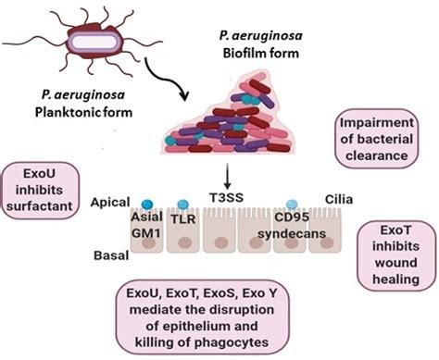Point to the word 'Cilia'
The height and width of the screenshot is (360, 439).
[341, 198]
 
